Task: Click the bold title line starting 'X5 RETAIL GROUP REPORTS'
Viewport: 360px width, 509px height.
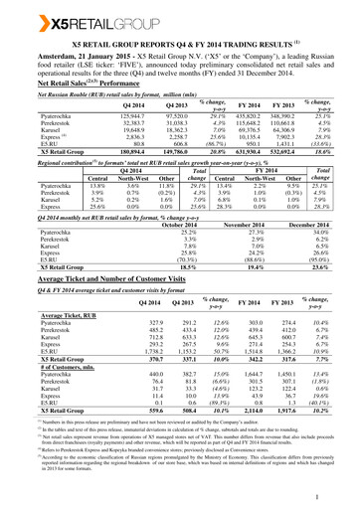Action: pos(180,45)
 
